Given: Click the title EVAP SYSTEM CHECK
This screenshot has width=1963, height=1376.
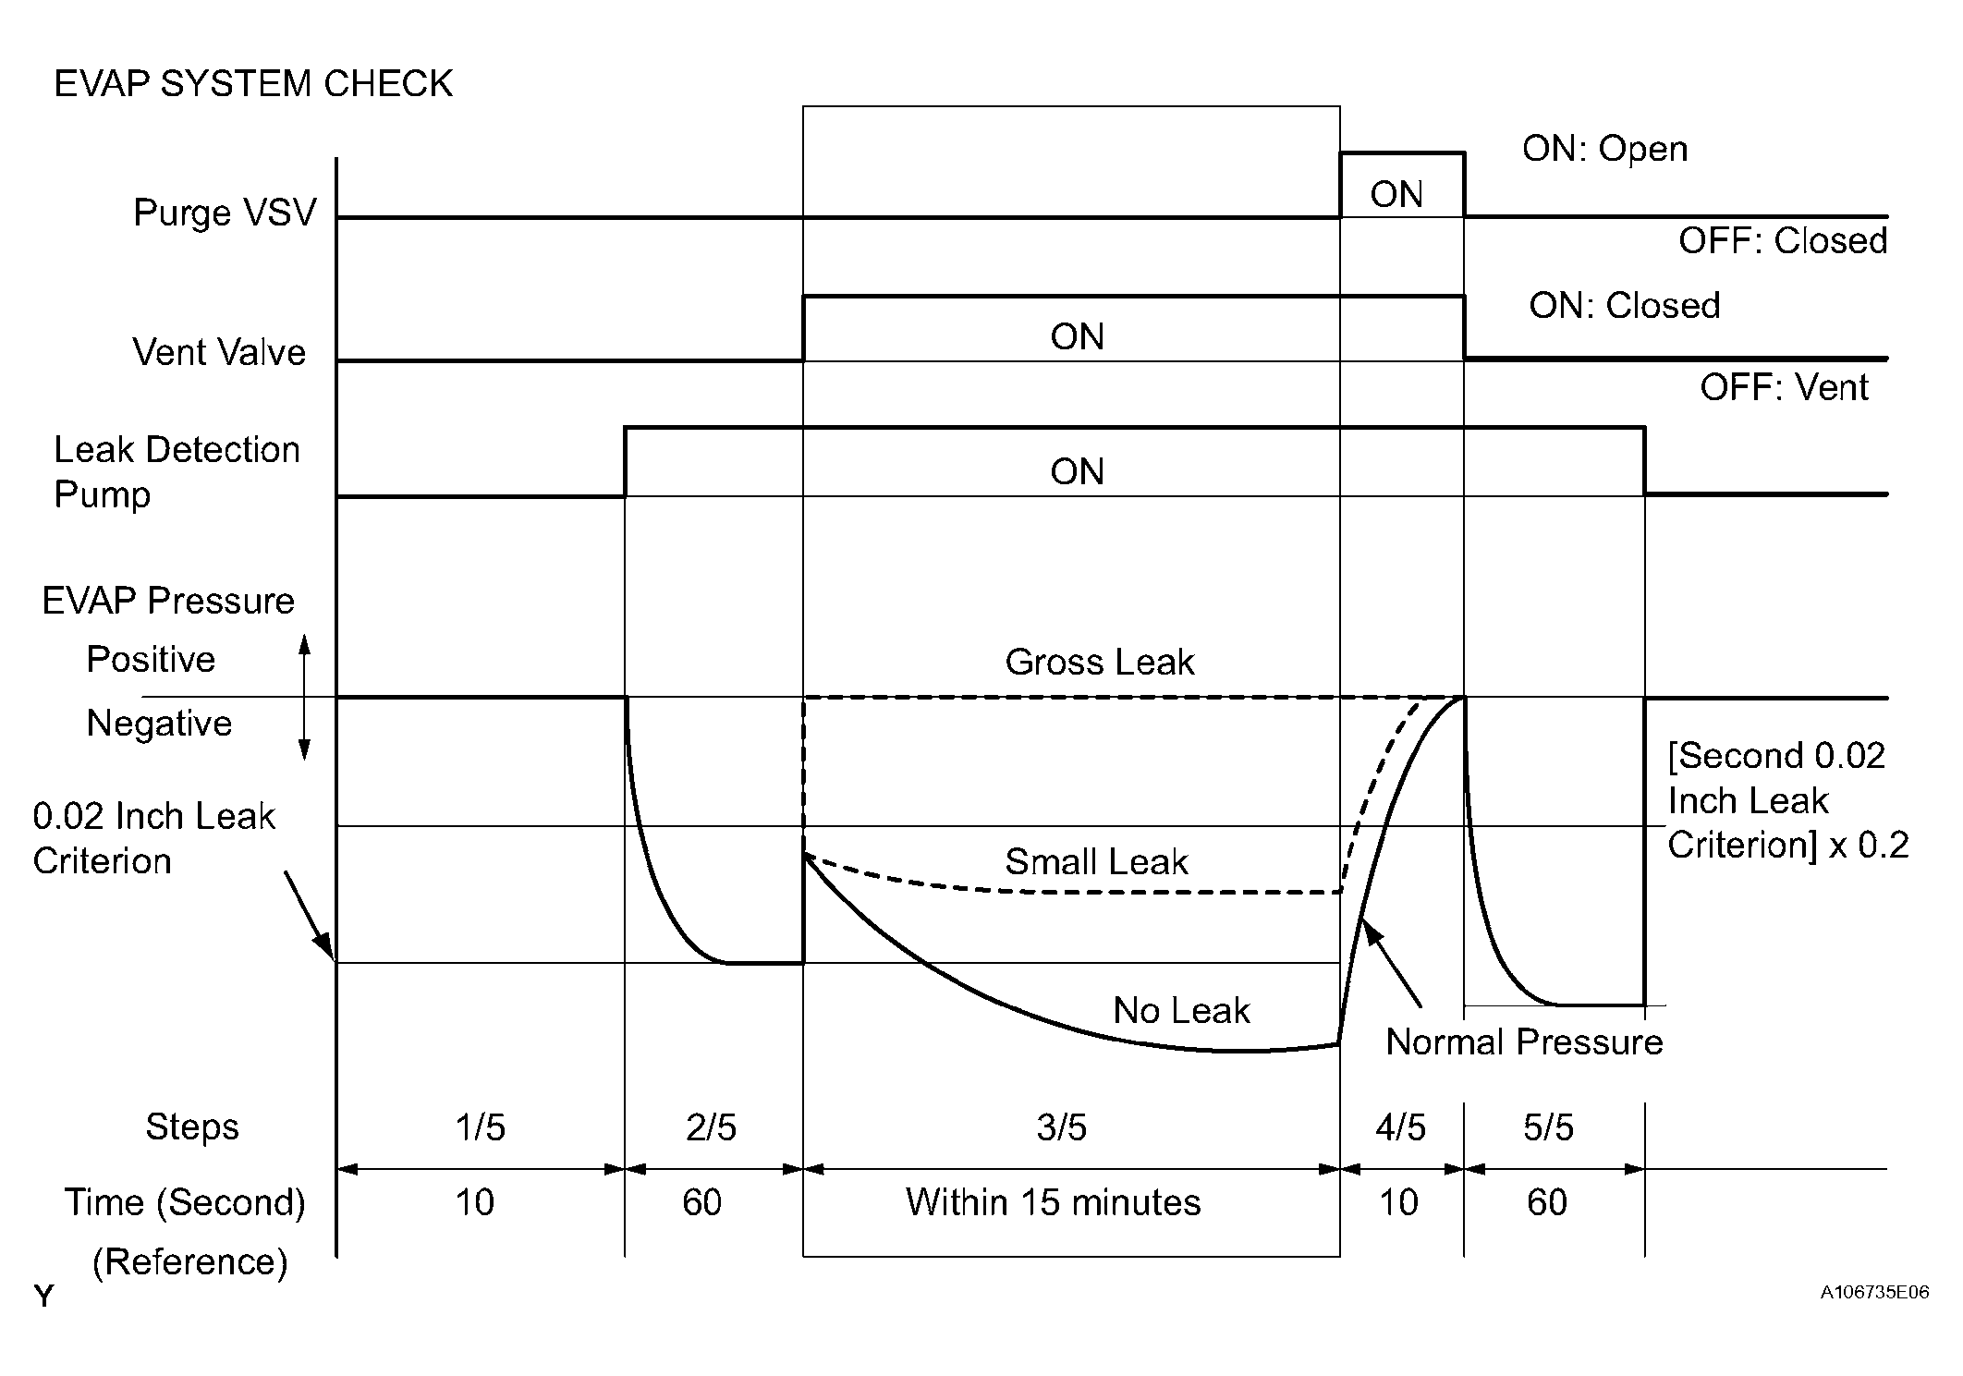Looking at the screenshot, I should pyautogui.click(x=253, y=84).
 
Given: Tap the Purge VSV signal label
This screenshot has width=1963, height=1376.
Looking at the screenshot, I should pyautogui.click(x=225, y=213).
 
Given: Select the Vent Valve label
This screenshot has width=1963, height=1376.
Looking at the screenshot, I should pyautogui.click(x=219, y=352).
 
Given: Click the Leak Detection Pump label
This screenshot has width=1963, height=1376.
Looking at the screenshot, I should pyautogui.click(x=177, y=471).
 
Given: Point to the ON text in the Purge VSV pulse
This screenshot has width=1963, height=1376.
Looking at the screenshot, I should pyautogui.click(x=1396, y=195).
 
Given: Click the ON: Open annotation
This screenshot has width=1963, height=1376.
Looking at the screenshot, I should pyautogui.click(x=1604, y=149).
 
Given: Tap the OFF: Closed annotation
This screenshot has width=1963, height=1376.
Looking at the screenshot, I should pyautogui.click(x=1783, y=241).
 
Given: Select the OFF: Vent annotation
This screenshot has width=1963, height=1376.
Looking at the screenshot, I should pyautogui.click(x=1784, y=387).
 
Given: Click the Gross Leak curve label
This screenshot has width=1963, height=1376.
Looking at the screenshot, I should pyautogui.click(x=1099, y=663).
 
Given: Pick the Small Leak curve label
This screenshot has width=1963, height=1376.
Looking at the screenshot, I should pyautogui.click(x=1096, y=862).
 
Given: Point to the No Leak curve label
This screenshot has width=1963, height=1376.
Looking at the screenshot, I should pyautogui.click(x=1181, y=1011).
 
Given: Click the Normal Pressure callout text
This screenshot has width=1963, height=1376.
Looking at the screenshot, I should pyautogui.click(x=1524, y=1042).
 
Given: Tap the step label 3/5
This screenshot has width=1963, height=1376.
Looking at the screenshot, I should pyautogui.click(x=1061, y=1127).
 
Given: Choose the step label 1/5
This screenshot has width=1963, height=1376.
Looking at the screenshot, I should pyautogui.click(x=480, y=1127).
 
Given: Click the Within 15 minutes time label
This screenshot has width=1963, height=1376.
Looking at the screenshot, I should pyautogui.click(x=1053, y=1203).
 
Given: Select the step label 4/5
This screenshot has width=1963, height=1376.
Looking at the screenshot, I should pyautogui.click(x=1400, y=1127).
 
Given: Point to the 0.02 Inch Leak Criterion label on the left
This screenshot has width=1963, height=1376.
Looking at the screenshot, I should pyautogui.click(x=153, y=838).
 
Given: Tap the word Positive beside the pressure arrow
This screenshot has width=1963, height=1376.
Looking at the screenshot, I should pyautogui.click(x=151, y=660).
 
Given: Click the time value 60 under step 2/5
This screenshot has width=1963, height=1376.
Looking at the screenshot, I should pyautogui.click(x=701, y=1203).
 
